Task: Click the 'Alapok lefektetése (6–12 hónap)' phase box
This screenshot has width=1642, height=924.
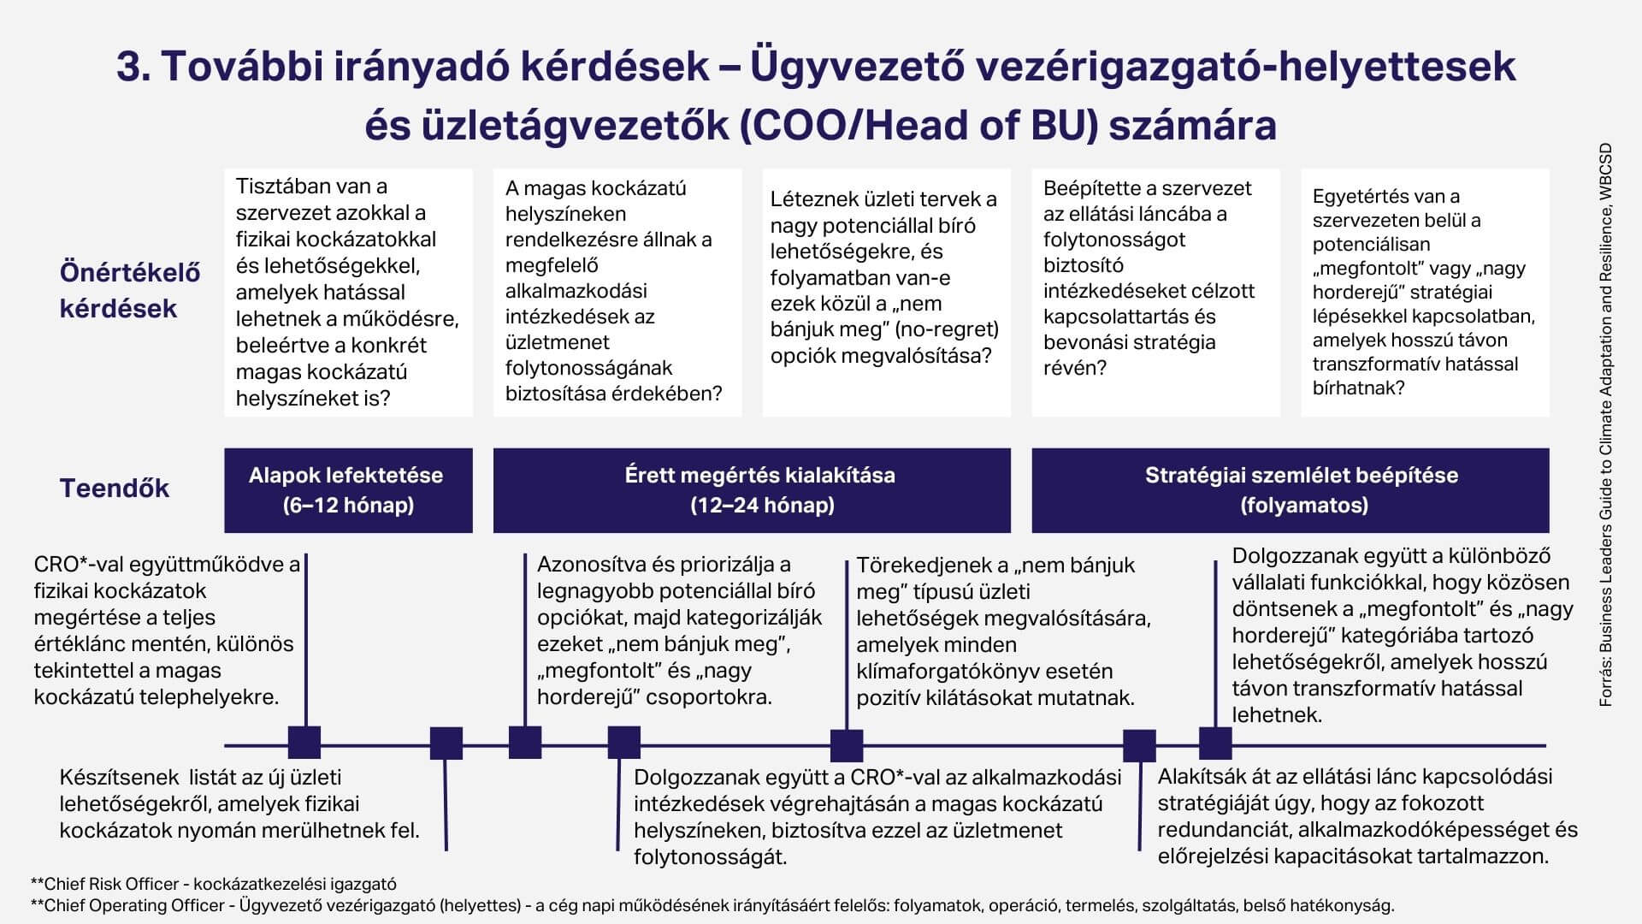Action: [x=348, y=490]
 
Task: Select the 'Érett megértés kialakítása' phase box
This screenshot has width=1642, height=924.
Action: [x=752, y=490]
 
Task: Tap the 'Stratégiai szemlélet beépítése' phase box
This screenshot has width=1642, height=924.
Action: [x=1290, y=490]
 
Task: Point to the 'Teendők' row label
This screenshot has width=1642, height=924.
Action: [x=115, y=489]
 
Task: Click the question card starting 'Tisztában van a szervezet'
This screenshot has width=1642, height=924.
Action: [x=348, y=293]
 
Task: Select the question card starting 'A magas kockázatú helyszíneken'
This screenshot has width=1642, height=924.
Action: [x=617, y=293]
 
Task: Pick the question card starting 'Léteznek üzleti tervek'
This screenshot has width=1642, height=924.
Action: [x=886, y=293]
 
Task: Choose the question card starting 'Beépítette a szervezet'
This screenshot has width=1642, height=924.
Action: [x=1155, y=293]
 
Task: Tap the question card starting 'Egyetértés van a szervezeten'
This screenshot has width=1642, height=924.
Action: [x=1425, y=293]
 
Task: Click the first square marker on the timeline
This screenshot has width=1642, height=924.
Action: [x=304, y=743]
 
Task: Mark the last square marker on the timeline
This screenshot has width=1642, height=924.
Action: [x=1215, y=743]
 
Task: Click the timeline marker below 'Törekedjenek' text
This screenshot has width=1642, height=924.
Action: [x=847, y=745]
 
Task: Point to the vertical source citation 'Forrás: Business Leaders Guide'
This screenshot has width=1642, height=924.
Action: [x=1605, y=424]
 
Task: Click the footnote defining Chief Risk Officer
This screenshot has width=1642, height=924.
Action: [x=214, y=884]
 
